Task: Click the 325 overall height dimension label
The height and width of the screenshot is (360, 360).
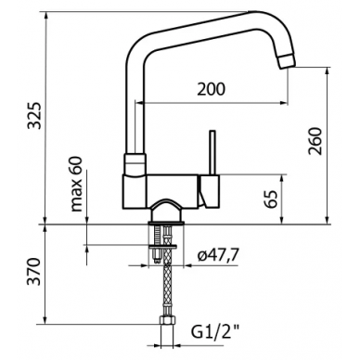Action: click(x=33, y=115)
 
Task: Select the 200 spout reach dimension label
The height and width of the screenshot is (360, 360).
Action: click(x=212, y=89)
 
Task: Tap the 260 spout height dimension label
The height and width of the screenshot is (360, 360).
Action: click(x=315, y=141)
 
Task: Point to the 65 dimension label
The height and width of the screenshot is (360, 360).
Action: click(x=271, y=199)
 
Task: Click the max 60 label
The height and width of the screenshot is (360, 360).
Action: click(x=76, y=184)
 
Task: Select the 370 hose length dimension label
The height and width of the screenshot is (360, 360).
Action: click(x=33, y=271)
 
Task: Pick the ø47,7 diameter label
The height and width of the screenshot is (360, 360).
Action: click(x=218, y=255)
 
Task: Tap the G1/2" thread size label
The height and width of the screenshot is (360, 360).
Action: click(x=215, y=333)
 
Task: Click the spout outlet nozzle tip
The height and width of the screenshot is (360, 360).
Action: click(x=288, y=61)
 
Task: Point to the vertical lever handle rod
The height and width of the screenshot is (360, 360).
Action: click(x=212, y=152)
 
